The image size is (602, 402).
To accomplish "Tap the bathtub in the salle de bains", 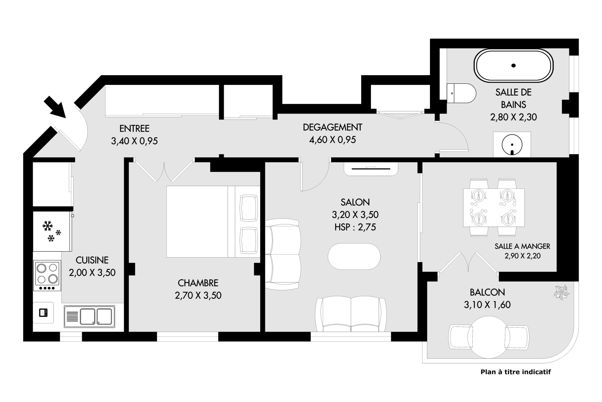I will click(x=514, y=66).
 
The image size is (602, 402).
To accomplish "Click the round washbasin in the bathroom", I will click(x=512, y=144).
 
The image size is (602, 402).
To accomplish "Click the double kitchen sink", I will click(x=89, y=316).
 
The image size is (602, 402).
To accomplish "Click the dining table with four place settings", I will click(x=494, y=207).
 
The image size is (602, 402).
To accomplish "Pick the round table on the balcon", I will click(x=489, y=337).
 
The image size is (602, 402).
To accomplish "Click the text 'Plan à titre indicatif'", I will click(x=515, y=372).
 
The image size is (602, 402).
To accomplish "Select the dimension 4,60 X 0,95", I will click(x=332, y=140).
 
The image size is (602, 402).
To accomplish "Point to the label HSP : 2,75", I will click(x=355, y=227).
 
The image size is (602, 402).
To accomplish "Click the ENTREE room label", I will click(x=134, y=128).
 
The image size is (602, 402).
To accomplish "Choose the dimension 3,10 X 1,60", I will click(x=487, y=305).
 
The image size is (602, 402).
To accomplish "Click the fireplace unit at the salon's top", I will click(x=370, y=169).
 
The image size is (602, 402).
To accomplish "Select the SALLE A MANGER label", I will click(x=522, y=246).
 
